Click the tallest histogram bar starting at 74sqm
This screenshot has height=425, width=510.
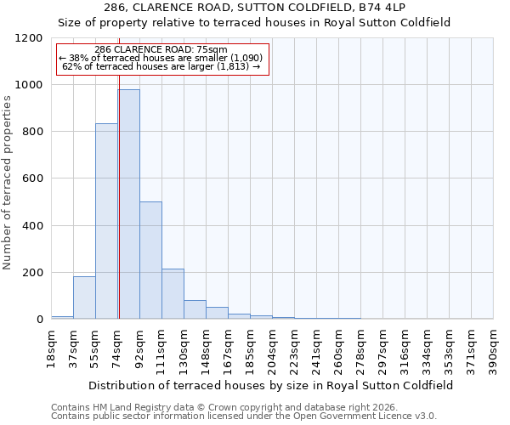point(128,204)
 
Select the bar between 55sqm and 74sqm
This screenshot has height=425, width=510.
point(106,221)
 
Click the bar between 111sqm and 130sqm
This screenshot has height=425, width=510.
point(173,294)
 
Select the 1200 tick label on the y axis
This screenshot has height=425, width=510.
point(29,38)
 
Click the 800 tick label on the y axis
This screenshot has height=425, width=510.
point(32,132)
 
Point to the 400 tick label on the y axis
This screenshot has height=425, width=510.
point(32,226)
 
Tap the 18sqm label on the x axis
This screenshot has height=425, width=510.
point(52,347)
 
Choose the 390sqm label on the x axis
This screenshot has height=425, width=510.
point(494,347)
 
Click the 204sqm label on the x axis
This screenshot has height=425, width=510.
point(273,347)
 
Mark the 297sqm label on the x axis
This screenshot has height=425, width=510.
point(383,347)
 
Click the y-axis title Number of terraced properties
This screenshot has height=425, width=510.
point(8,182)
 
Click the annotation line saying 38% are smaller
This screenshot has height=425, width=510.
point(161,58)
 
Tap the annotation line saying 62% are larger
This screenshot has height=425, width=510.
point(161,66)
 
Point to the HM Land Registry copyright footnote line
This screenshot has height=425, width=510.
point(224,407)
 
